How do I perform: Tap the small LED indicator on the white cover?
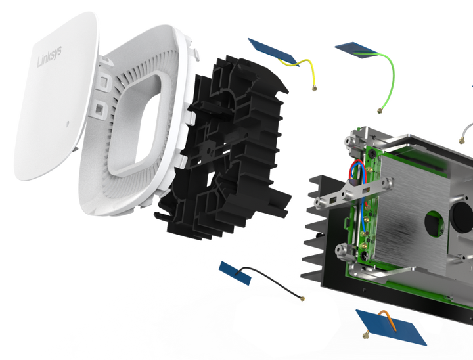point(68,124)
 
